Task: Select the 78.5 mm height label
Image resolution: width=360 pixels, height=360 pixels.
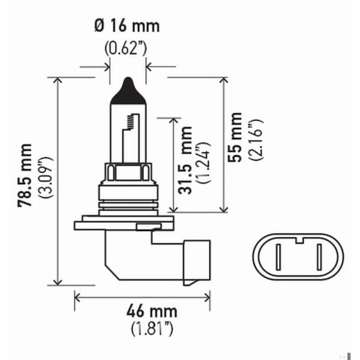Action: coord(25,175)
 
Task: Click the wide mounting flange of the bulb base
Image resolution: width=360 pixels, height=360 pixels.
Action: coord(125,226)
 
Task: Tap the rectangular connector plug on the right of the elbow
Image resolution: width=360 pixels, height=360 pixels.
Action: coord(196,261)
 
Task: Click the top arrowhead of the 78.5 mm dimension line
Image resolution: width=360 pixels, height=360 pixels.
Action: coord(58,80)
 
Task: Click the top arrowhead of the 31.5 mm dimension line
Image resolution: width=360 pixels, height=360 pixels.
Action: coord(174,121)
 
